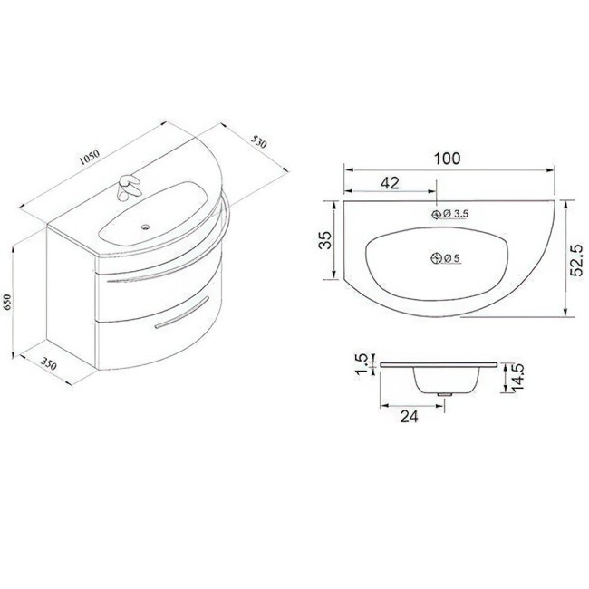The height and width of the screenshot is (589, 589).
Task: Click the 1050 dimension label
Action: (x=88, y=156)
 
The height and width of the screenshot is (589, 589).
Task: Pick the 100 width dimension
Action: (x=447, y=158)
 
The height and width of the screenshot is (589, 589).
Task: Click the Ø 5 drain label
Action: (x=453, y=259)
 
